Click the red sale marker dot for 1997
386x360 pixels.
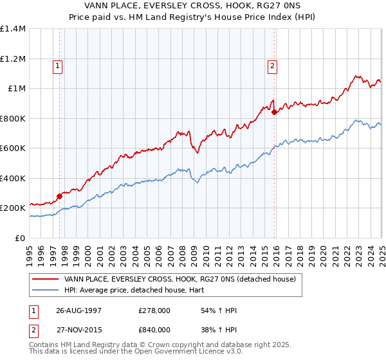pos(60,197)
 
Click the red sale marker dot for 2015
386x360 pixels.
pos(274,113)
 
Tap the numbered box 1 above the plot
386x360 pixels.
pos(58,65)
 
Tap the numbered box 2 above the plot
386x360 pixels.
pos(272,65)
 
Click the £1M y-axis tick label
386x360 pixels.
pos(17,89)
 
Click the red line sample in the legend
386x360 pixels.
pos(45,279)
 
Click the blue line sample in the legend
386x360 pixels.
pos(45,290)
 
